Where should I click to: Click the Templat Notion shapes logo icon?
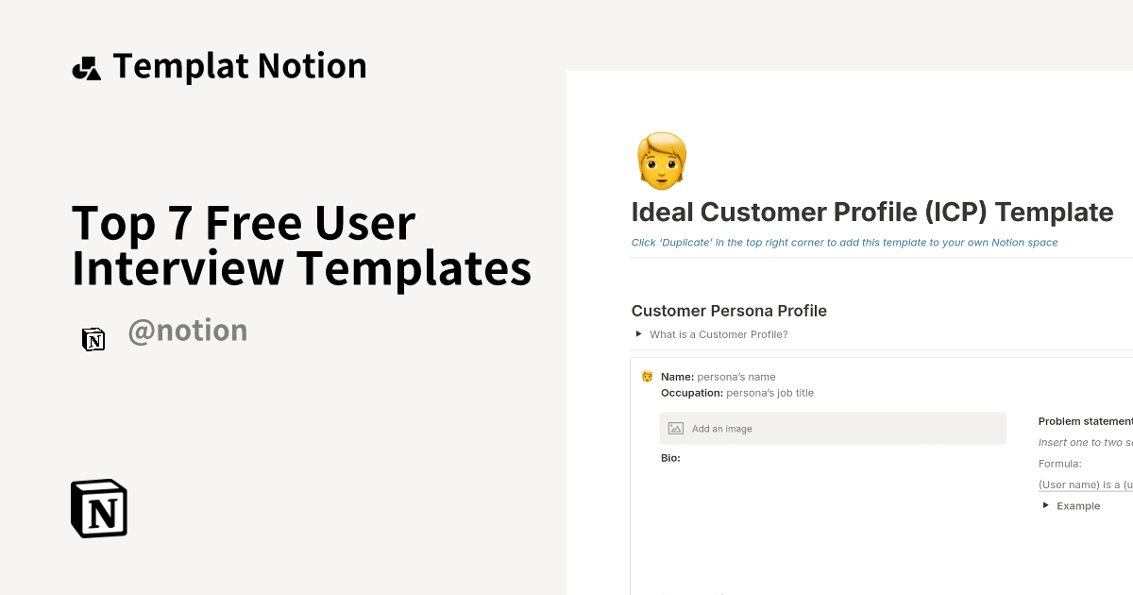click(x=86, y=68)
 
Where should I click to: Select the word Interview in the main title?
click(x=178, y=267)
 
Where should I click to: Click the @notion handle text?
click(x=187, y=331)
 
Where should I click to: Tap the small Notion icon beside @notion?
click(x=93, y=339)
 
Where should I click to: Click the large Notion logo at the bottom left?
click(x=99, y=508)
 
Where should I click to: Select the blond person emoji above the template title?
click(x=662, y=160)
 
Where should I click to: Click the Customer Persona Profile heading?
click(x=729, y=311)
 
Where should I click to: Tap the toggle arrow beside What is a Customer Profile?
click(x=639, y=333)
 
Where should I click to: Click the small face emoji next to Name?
click(x=647, y=377)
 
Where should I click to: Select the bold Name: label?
click(x=677, y=377)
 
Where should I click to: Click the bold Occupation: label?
click(x=692, y=393)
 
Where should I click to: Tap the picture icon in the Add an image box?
click(x=675, y=429)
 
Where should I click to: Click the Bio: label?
click(x=670, y=458)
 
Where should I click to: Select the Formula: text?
click(x=1059, y=464)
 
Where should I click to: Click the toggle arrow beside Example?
click(x=1046, y=505)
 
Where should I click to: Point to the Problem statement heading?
click(x=1085, y=421)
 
